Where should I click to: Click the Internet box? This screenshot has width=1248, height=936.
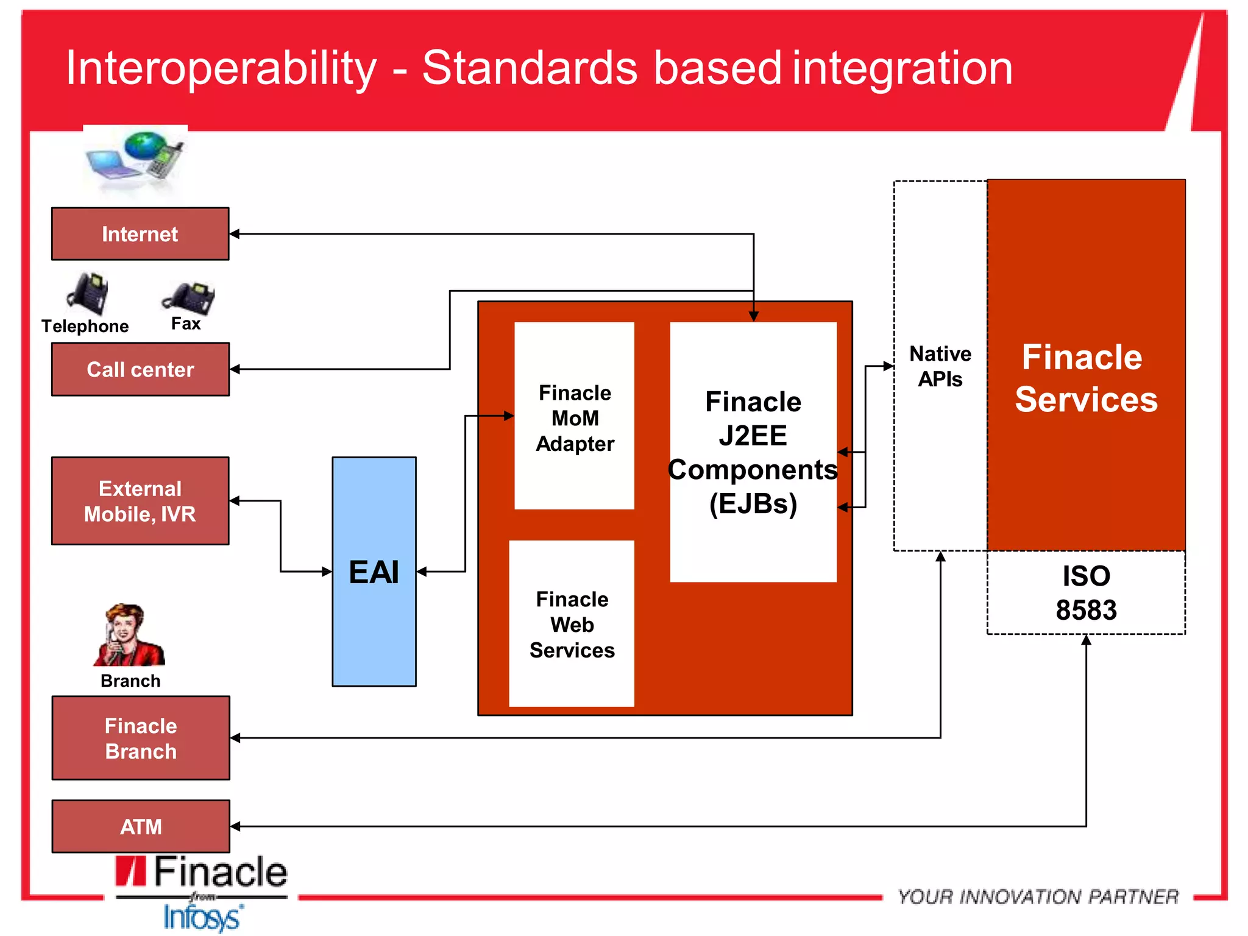coord(140,234)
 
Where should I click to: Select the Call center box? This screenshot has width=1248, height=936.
coord(140,369)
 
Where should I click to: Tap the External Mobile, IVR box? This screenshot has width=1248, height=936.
coord(140,501)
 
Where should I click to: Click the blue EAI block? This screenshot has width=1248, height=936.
coord(374,572)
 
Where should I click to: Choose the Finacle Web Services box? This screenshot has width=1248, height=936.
coord(572,624)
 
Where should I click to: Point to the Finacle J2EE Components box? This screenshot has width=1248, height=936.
coord(753,452)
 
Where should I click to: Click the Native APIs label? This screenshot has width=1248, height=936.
coord(940,366)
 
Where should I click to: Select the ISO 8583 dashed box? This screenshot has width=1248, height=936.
coord(1086,593)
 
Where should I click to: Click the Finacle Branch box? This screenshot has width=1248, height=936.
coord(141,738)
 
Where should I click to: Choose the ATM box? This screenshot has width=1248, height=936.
coord(141,826)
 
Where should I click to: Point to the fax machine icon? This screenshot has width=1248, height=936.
coord(189,297)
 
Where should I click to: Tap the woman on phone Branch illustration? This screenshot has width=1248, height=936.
coord(128,635)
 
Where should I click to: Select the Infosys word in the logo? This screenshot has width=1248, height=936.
coord(202,918)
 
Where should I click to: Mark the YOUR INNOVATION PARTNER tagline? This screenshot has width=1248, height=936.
coord(1038,896)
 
